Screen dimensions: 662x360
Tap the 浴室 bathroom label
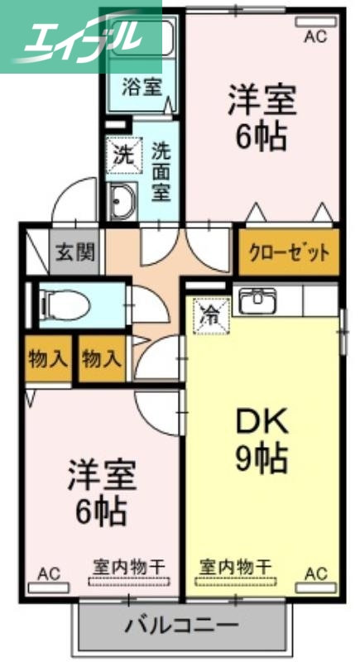pos(137,85)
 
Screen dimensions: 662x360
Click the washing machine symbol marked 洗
pos(122,154)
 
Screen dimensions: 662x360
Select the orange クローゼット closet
pos(289,252)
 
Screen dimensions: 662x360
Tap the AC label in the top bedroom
pos(316,36)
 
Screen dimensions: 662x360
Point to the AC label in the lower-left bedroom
pos(49,572)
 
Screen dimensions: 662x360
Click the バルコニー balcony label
pos(181,624)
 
